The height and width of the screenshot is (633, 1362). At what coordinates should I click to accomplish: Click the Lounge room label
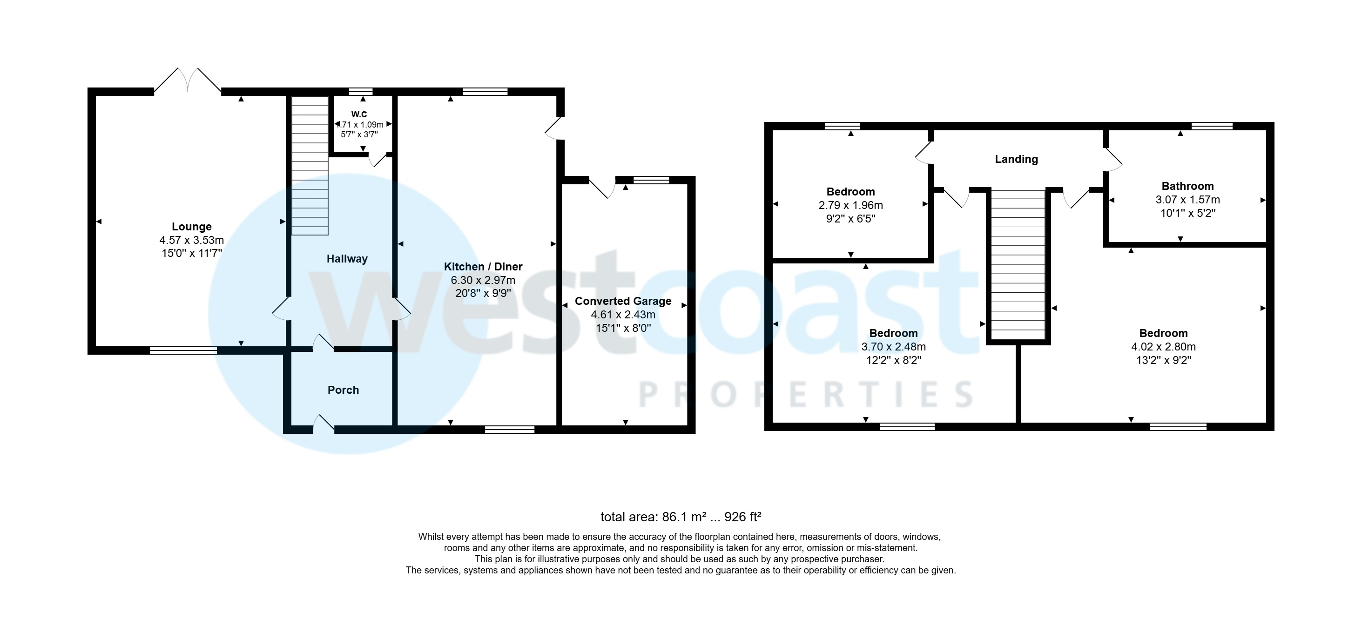click(191, 227)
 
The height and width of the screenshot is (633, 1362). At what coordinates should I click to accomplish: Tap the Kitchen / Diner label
click(483, 267)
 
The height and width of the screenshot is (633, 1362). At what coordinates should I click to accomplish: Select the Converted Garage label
click(623, 301)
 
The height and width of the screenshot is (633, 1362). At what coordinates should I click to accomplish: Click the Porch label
click(343, 390)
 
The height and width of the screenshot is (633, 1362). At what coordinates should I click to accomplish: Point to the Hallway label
click(347, 259)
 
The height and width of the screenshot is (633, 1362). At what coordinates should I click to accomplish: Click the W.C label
click(359, 114)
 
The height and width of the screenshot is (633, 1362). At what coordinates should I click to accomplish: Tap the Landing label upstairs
click(1016, 159)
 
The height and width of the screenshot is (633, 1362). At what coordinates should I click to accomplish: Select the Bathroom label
click(1187, 186)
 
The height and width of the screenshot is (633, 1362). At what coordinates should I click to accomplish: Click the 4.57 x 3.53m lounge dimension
click(191, 240)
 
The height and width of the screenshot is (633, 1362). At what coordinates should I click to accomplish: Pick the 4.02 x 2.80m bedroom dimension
click(1163, 347)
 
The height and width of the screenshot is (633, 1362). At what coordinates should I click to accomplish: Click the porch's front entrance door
click(324, 424)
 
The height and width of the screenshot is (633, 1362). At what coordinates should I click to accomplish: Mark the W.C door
click(378, 159)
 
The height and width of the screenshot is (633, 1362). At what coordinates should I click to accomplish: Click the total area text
click(681, 517)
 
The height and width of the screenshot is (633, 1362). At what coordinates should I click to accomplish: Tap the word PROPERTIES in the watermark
click(806, 395)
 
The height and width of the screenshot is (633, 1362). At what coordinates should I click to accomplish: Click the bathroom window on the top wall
click(1212, 126)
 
